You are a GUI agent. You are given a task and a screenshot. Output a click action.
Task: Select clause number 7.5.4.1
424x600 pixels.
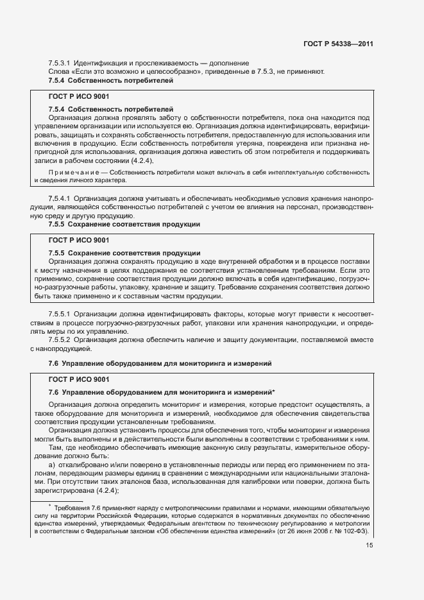tap(60, 200)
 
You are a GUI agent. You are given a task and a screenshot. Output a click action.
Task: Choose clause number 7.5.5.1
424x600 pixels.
tap(60, 314)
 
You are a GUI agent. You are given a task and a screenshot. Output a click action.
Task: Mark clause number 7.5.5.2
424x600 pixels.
tap(60, 341)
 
